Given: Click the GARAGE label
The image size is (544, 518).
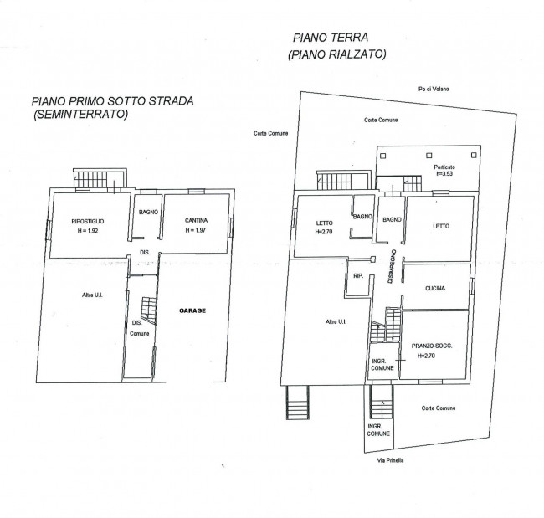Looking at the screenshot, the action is tap(192, 310).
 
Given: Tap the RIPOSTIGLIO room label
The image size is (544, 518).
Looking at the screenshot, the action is tap(87, 222).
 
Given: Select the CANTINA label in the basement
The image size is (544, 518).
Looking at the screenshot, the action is tap(196, 220).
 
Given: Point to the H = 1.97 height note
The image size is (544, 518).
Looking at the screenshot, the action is tap(195, 230).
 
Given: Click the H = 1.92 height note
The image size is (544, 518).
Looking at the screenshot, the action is tap(88, 231).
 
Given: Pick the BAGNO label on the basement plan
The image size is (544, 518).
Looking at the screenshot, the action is tap(148, 212).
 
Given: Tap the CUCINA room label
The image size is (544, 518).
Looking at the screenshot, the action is tap(435, 289).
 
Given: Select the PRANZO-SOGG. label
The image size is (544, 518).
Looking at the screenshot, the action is tap(432, 346).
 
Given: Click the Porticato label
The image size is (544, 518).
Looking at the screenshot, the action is tap(444, 167).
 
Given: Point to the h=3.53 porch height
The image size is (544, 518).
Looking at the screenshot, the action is tap(444, 174).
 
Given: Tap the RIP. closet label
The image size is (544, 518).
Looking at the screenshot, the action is tap(358, 276).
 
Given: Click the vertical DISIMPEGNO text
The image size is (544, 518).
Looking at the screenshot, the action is tap(392, 267).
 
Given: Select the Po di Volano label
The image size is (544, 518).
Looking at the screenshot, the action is tap(434, 90).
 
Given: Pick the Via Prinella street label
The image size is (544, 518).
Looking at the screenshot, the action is tap(390, 461).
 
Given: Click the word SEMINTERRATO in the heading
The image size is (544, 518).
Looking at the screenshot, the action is tap(80, 114).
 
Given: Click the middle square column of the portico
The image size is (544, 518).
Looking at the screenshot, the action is tap(429, 156).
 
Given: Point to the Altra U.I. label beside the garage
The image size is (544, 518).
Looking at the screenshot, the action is tap(92, 295).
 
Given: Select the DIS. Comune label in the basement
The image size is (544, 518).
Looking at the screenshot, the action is tap(139, 328).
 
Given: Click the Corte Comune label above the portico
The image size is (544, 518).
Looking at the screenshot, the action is tap(381, 120).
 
